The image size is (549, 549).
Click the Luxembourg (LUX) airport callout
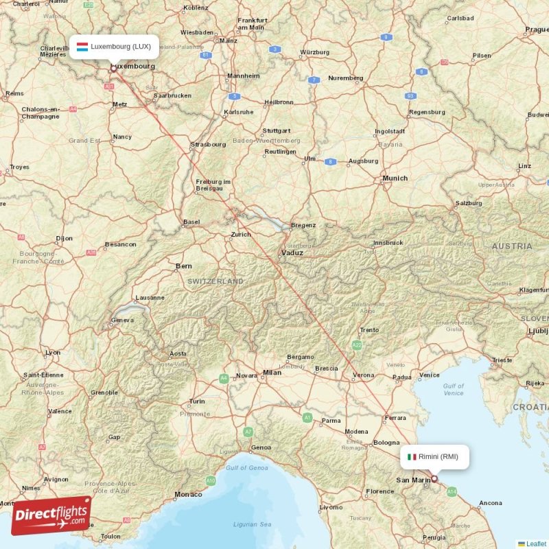(x=115, y=47)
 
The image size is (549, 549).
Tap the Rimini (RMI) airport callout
(x=434, y=456)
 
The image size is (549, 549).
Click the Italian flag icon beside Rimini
(x=412, y=456)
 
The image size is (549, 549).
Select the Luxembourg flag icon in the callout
(x=82, y=47)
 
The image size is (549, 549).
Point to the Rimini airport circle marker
(x=434, y=479)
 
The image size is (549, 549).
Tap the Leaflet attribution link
(x=536, y=544)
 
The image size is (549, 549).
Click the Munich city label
(x=395, y=178)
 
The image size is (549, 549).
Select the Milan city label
(x=272, y=373)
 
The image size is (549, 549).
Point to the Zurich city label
(x=241, y=234)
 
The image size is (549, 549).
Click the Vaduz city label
(x=292, y=253)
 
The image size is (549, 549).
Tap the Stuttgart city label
(x=277, y=130)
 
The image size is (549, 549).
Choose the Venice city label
(x=429, y=375)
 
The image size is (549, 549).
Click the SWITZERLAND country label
(x=215, y=281)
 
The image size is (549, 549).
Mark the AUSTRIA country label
(x=511, y=246)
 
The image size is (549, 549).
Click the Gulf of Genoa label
(x=246, y=467)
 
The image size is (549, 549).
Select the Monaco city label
(x=189, y=494)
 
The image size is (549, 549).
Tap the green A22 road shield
(x=357, y=345)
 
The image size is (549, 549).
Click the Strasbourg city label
(x=208, y=144)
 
